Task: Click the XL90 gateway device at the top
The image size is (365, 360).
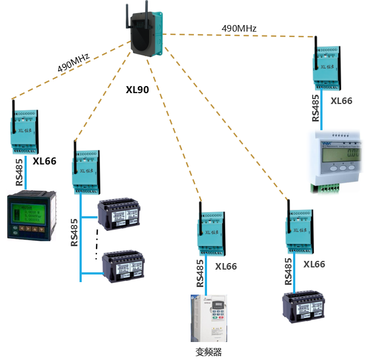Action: coord(145,34)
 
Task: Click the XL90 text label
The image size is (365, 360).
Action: coord(137,89)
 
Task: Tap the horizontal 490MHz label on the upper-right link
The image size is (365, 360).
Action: coord(239,28)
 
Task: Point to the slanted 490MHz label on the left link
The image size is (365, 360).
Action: coord(74,62)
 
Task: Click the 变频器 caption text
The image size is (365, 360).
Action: coord(209,352)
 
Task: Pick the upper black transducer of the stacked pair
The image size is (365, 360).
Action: coord(119,213)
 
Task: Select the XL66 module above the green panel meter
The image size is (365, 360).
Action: coord(24,131)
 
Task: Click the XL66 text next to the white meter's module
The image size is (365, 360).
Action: coord(342,101)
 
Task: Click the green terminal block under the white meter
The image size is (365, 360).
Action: coord(325,189)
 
